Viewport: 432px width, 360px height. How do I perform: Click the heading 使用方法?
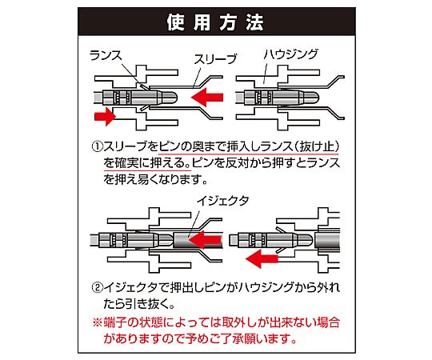(x=215, y=22)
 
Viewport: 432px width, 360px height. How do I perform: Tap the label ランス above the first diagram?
(x=106, y=55)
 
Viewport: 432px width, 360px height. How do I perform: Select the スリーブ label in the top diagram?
(x=215, y=59)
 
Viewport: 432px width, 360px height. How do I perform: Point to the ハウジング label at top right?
(x=291, y=54)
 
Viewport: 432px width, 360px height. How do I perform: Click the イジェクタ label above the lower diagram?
(x=222, y=200)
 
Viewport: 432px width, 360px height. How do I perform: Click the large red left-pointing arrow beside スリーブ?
(x=207, y=98)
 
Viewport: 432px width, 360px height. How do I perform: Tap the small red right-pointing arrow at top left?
(x=105, y=116)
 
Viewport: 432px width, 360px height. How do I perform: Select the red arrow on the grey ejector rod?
(x=206, y=240)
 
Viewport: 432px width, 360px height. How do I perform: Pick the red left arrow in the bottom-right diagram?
(x=262, y=259)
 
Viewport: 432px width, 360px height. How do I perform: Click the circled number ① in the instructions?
(x=97, y=146)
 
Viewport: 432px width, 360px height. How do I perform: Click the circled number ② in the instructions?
(x=97, y=288)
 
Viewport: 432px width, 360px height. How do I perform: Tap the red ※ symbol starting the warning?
(x=98, y=322)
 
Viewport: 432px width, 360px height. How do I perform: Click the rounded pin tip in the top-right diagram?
(x=310, y=98)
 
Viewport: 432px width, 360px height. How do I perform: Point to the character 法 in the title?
(x=255, y=22)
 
